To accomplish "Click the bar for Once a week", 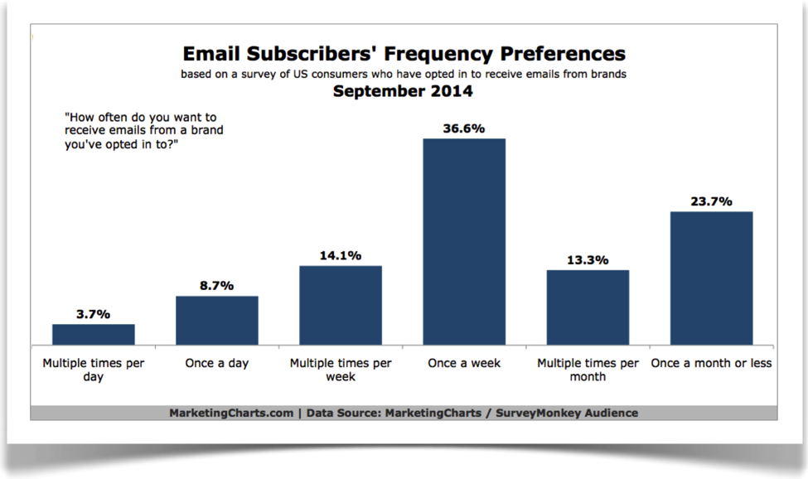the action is pyautogui.click(x=464, y=241).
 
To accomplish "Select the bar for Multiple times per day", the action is pyautogui.click(x=94, y=334).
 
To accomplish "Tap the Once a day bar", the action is pyautogui.click(x=217, y=321).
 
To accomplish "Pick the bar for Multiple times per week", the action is pyautogui.click(x=341, y=305).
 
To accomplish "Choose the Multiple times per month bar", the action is pyautogui.click(x=588, y=307).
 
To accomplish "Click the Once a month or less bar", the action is pyautogui.click(x=712, y=278).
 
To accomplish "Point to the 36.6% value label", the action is pyautogui.click(x=464, y=128).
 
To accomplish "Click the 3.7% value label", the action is pyautogui.click(x=94, y=313).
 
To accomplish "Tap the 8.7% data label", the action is pyautogui.click(x=217, y=285).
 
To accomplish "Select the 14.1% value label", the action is pyautogui.click(x=341, y=255).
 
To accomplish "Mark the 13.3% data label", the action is pyautogui.click(x=588, y=260).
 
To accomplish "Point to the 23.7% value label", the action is pyautogui.click(x=712, y=201).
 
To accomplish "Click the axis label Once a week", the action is pyautogui.click(x=464, y=363).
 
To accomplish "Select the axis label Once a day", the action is pyautogui.click(x=217, y=363).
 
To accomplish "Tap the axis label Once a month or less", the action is pyautogui.click(x=712, y=363).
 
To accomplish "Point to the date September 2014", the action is pyautogui.click(x=403, y=91).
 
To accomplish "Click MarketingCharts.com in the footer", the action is pyautogui.click(x=231, y=413).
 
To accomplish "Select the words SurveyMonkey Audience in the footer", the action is pyautogui.click(x=567, y=413).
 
